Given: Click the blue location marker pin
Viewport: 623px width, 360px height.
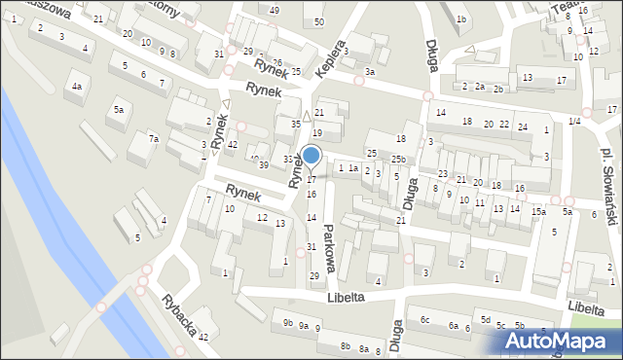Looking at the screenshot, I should coord(311,156).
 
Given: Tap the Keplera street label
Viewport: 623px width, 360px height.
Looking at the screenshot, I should coord(332,59).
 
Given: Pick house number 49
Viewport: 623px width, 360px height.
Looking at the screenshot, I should coord(275,10).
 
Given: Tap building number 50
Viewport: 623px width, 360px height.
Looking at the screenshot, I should coord(319,21).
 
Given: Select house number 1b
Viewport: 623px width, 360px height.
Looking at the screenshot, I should coord(461,19).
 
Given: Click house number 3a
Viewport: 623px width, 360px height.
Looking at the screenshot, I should coord(370,72).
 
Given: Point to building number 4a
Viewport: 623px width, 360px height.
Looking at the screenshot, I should coord(76,87).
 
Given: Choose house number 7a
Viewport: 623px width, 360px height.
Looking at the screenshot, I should coord(154,139).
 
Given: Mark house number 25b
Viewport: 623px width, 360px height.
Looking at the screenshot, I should coord(399,159).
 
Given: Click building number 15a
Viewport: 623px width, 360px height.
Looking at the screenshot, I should coord(538,211).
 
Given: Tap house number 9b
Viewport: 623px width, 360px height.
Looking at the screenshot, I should coord(287,322).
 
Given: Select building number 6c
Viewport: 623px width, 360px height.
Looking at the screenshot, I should coord(424,319).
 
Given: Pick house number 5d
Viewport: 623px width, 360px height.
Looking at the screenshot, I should coord(485,318).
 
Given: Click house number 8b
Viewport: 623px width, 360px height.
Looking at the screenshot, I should coord(345,345).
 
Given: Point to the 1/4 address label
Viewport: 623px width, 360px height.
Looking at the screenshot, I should coord(574,121).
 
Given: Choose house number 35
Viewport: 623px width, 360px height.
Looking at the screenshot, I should coord(296,125).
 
